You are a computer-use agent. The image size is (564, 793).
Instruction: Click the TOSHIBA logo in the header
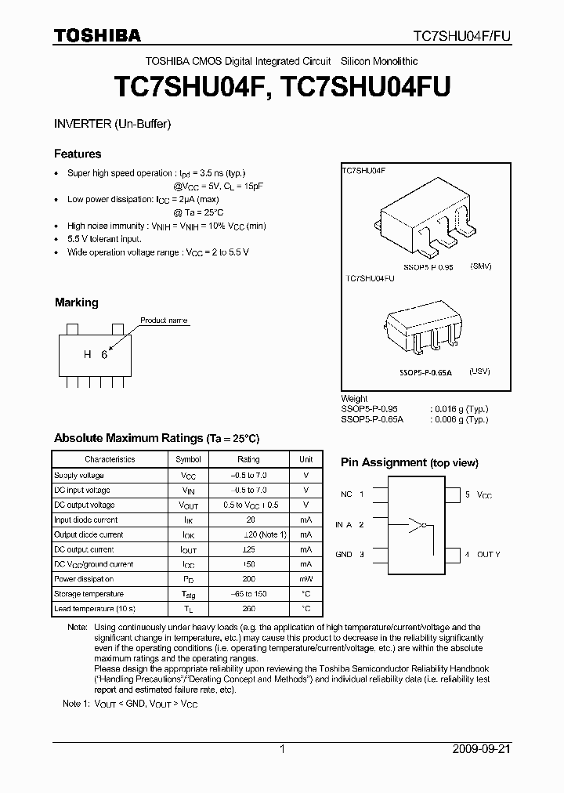pos(97,35)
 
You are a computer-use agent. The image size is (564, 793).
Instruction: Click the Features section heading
pos(78,154)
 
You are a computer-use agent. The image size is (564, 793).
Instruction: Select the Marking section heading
pos(77,302)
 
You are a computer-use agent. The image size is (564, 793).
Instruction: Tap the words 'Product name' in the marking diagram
pos(164,320)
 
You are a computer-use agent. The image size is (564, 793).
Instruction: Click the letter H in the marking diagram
pos(88,354)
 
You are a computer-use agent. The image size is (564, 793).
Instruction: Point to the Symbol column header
pos(188,460)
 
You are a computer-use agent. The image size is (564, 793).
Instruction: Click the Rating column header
pos(248,460)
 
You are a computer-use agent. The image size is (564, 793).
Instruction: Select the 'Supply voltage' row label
pos(79,476)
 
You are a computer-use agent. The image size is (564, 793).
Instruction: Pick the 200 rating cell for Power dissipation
pos(248,579)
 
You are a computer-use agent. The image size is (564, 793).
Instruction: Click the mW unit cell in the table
pos(305,579)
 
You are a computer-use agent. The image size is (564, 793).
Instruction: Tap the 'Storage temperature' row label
pos(84,594)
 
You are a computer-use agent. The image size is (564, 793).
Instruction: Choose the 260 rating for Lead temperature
pos(248,609)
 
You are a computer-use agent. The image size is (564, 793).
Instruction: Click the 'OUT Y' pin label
pos(487,554)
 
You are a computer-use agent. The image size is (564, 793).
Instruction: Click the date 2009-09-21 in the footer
pos(481,749)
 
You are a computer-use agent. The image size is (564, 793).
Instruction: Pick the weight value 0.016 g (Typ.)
pos(458,409)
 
